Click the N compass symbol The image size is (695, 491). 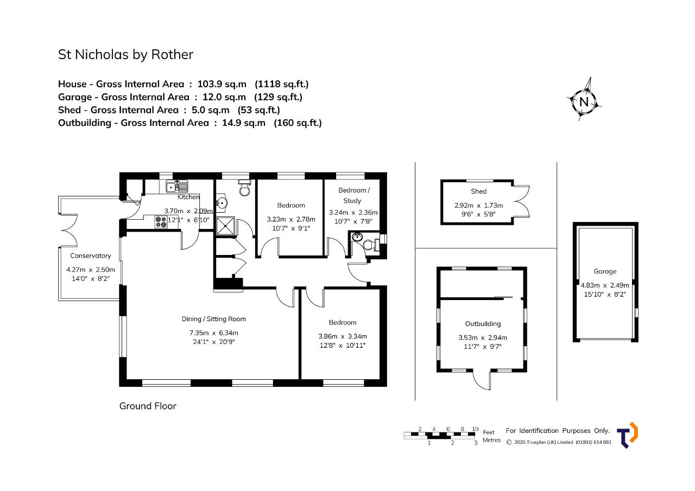click(x=584, y=101)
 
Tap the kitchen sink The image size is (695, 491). click(x=177, y=187)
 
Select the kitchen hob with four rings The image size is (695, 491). click(x=161, y=222)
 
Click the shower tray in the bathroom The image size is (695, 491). click(x=225, y=226)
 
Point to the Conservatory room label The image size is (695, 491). click(x=90, y=256)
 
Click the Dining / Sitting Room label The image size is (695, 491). click(x=214, y=319)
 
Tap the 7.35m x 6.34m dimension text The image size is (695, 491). click(x=214, y=333)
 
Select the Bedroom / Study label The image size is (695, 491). click(x=353, y=195)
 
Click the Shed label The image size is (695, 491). click(x=479, y=192)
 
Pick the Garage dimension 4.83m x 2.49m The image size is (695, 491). click(x=605, y=285)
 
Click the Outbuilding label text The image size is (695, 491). click(x=483, y=323)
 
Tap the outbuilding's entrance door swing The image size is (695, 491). click(x=482, y=381)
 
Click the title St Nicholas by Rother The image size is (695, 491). click(x=125, y=55)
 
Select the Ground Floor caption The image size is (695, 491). click(x=148, y=406)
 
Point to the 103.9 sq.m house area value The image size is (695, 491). click(x=222, y=84)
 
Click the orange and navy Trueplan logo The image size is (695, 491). click(x=627, y=435)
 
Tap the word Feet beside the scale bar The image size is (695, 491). click(x=489, y=432)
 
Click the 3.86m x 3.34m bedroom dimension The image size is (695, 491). click(x=343, y=336)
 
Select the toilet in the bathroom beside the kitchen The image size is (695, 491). click(x=245, y=188)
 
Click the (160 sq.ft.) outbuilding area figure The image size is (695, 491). click(x=298, y=123)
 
